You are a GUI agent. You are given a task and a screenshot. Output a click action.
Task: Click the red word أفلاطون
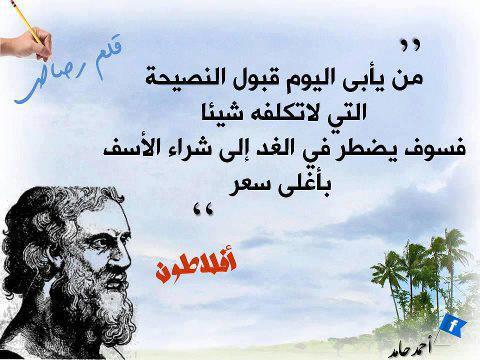pyautogui.click(x=196, y=267)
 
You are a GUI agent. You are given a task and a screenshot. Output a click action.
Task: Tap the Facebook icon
pyautogui.click(x=452, y=325)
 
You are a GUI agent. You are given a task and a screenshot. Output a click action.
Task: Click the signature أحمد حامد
pyautogui.click(x=410, y=349)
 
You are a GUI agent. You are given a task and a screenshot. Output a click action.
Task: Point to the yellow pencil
pyautogui.click(x=27, y=22)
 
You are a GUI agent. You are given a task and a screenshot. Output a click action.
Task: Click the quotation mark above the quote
pyautogui.click(x=410, y=45)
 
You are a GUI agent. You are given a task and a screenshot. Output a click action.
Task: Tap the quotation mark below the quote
pyautogui.click(x=203, y=211)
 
